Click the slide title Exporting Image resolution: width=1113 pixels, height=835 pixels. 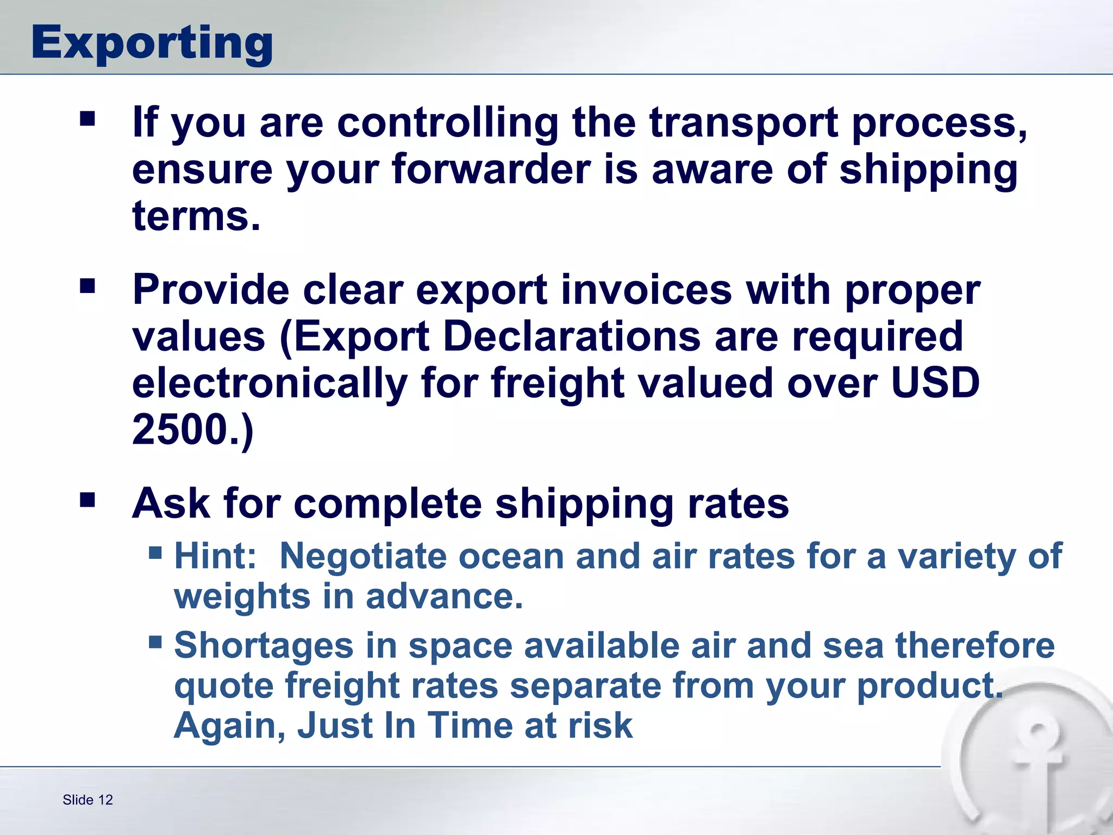click(x=152, y=43)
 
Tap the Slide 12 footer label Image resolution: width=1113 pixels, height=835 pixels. click(x=87, y=800)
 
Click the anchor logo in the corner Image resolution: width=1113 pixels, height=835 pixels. click(x=1033, y=761)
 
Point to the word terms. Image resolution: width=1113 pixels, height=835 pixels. click(x=196, y=216)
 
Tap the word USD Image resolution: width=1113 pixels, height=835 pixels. click(x=935, y=383)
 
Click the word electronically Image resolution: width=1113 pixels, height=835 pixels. click(x=270, y=383)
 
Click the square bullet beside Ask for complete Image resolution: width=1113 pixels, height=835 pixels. click(x=87, y=500)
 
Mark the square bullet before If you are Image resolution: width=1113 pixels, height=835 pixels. click(x=87, y=119)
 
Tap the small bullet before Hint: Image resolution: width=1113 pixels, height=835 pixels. click(x=155, y=553)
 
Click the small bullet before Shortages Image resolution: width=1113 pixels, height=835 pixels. click(x=155, y=643)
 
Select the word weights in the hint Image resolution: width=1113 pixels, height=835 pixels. click(x=242, y=596)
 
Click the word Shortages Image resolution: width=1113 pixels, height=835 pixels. click(x=264, y=646)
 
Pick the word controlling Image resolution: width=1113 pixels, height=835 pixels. click(x=447, y=122)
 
